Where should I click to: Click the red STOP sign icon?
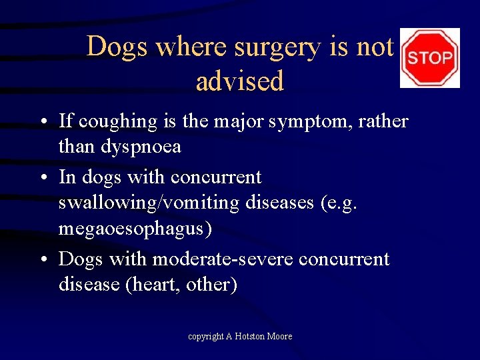click(x=429, y=58)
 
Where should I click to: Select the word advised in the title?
click(x=240, y=81)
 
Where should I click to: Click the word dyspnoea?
click(x=141, y=146)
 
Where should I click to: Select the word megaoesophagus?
click(x=135, y=229)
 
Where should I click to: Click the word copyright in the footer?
click(x=205, y=337)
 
